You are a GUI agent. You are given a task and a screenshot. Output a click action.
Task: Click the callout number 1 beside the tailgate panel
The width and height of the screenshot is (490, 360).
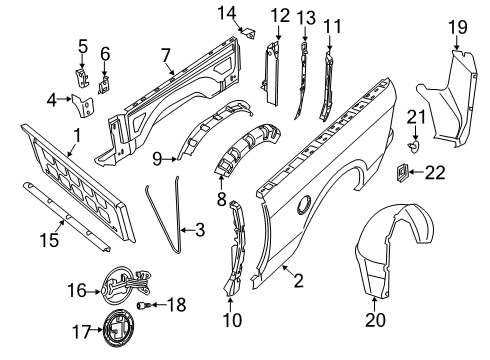click(x=76, y=135)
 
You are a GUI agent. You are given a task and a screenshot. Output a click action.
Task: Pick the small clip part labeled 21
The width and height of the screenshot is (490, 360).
click(x=414, y=145)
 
